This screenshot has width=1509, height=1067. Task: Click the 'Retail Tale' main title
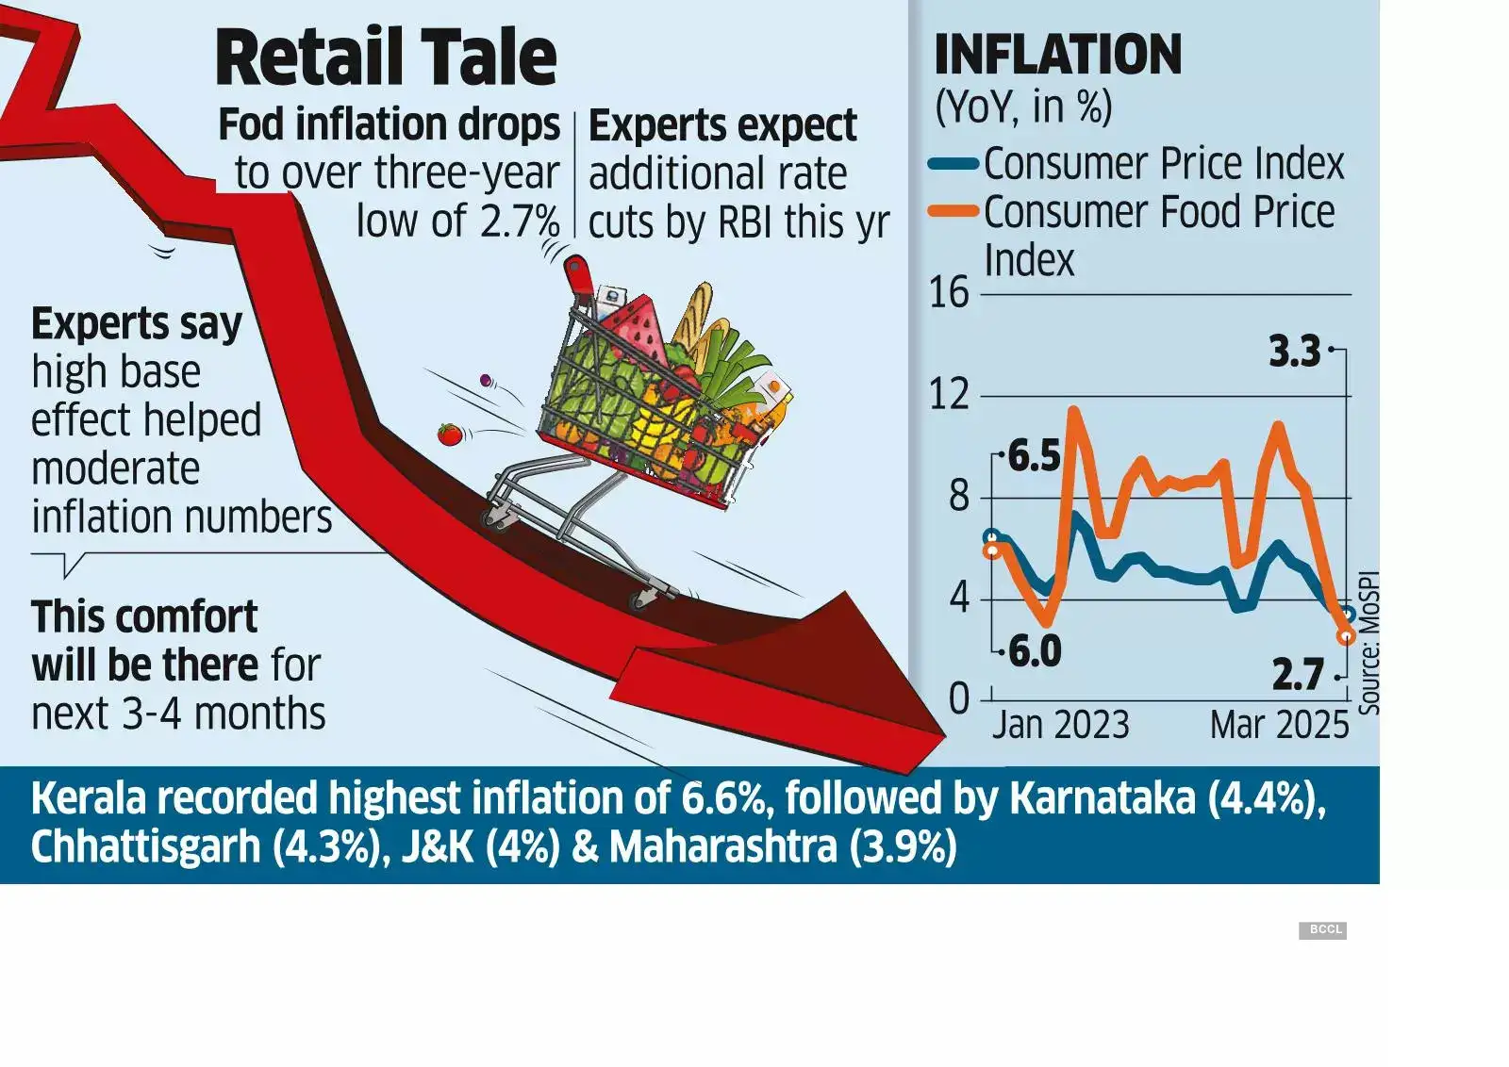(x=386, y=58)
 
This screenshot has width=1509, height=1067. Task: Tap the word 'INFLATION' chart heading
(x=1057, y=55)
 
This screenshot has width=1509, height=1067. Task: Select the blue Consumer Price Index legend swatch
(x=953, y=164)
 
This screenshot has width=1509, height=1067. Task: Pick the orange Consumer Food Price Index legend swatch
(x=953, y=212)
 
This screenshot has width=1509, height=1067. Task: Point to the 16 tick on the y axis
(x=949, y=293)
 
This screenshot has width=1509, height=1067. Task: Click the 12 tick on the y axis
(x=949, y=395)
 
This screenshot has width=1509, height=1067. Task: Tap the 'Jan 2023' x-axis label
(x=1060, y=725)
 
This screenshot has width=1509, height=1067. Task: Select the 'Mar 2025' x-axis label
(x=1279, y=725)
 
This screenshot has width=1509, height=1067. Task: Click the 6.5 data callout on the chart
(x=1035, y=457)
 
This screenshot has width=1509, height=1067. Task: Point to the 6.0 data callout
(x=1035, y=651)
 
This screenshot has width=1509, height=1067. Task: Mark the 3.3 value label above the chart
(x=1294, y=352)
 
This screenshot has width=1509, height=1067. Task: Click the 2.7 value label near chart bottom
(x=1299, y=675)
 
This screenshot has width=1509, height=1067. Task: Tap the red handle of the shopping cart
(x=577, y=273)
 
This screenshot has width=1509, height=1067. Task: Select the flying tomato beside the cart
(x=449, y=435)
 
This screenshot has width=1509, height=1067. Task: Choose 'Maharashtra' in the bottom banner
(x=722, y=846)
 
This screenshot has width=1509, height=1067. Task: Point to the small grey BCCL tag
(x=1323, y=930)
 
